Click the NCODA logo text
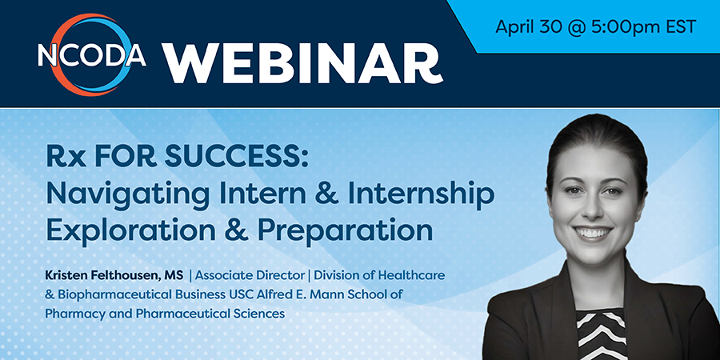tap(92, 55)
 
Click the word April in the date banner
tap(515, 27)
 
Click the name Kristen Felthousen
tap(107, 275)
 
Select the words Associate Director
tap(250, 275)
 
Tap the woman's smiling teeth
tap(594, 232)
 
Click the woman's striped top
tap(601, 334)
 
